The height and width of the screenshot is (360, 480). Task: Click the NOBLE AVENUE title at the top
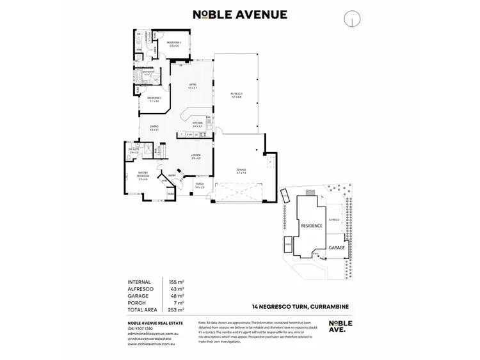tap(240, 15)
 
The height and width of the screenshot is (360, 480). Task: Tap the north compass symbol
tap(351, 19)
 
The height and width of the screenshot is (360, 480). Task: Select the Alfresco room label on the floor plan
tap(236, 95)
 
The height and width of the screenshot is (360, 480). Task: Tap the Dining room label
tap(154, 128)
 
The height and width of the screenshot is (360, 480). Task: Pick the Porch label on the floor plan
tap(200, 185)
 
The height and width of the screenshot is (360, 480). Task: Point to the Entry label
tap(172, 176)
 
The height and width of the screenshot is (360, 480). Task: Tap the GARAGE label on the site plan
tap(337, 247)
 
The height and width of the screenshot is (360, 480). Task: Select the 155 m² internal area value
tap(175, 282)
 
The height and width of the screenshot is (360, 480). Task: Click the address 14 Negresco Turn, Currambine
tap(300, 306)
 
